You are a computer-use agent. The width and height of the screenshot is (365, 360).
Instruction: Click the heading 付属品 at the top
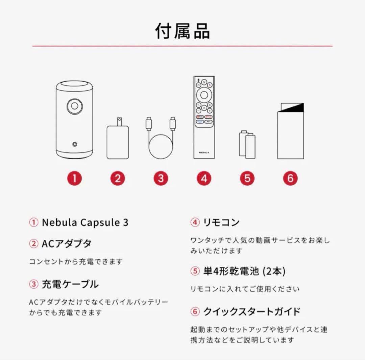(x=182, y=31)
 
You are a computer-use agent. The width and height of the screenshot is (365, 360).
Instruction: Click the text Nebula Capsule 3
(x=85, y=223)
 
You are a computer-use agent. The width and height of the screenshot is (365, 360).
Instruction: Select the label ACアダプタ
(x=66, y=243)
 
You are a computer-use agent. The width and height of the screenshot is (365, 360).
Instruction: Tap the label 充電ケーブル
(x=70, y=284)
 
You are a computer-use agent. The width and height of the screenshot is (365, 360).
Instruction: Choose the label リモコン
(x=221, y=222)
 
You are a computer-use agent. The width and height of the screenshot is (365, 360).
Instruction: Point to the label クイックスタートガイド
(x=251, y=311)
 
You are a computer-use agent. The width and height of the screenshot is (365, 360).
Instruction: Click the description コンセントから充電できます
(x=75, y=261)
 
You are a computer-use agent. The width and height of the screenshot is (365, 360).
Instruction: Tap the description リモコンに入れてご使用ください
(x=245, y=289)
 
